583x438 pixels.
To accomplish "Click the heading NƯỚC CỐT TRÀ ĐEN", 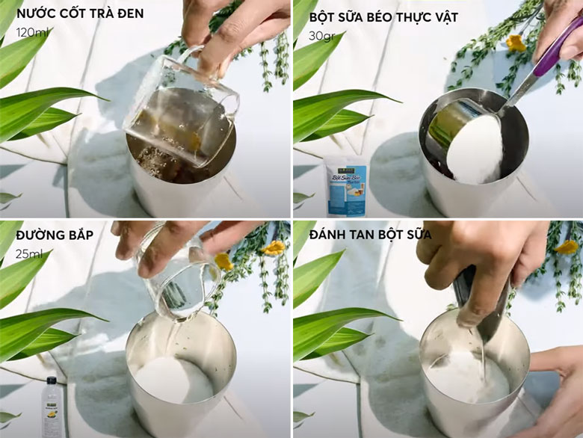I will tap(80, 13).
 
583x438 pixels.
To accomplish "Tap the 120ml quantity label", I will tap(32, 32).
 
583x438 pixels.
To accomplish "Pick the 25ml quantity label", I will tap(29, 254).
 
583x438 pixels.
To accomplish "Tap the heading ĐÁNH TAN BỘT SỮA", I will tap(367, 235).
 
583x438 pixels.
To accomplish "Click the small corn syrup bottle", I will tap(51, 407).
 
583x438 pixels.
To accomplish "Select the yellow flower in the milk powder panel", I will tap(516, 43).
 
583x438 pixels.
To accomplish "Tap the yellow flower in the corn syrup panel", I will tap(223, 262).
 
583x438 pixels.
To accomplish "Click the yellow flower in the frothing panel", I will tap(567, 247).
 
